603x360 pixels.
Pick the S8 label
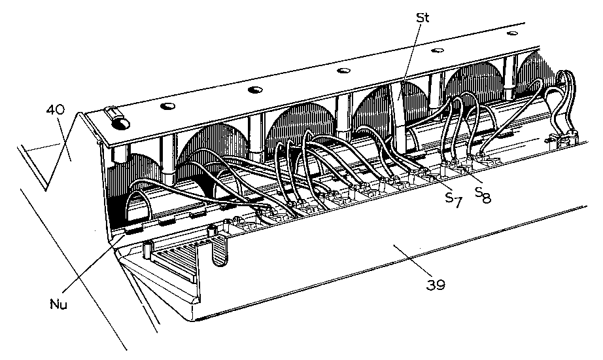pos(482,194)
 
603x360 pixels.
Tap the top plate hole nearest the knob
pos(167,105)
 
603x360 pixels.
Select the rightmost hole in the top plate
pos(512,33)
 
